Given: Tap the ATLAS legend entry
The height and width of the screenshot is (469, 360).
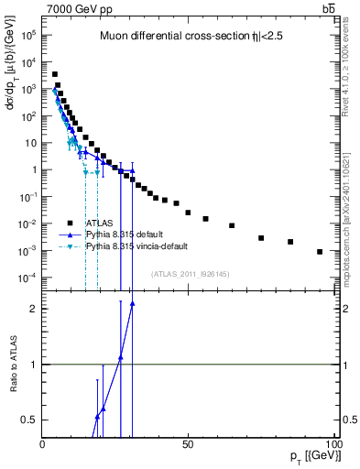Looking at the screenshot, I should click(100, 223).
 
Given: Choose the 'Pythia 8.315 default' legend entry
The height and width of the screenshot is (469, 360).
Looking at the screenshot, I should click(127, 234).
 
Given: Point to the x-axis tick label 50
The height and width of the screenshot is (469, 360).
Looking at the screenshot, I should click(187, 444).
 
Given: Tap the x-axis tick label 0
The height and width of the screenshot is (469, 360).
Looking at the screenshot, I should click(43, 444).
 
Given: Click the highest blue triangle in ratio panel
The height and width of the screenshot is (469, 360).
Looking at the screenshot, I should click(132, 303).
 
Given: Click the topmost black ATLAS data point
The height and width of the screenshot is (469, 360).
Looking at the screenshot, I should click(55, 74).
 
